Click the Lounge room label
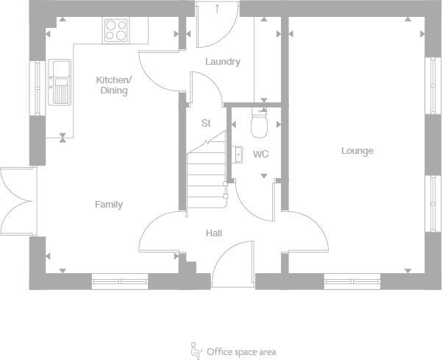point(357,151)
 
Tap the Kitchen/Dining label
point(114,85)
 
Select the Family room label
point(109,205)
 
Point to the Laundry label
point(222,62)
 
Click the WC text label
point(260,155)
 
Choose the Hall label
point(214,233)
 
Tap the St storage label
point(206,124)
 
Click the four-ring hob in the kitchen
point(115,30)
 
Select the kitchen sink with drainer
point(60,81)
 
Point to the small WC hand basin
point(238,154)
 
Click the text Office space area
point(241,352)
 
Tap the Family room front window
point(120,280)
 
